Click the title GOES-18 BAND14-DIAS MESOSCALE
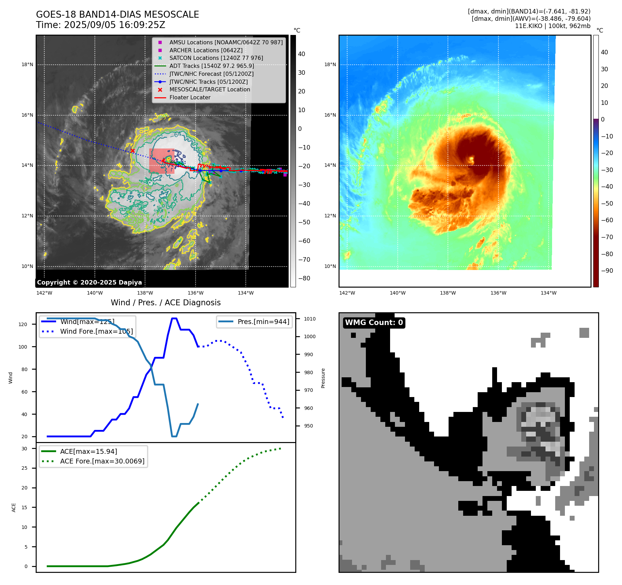[x=117, y=15]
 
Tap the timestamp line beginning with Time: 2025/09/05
[x=100, y=25]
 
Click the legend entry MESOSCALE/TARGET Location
[x=209, y=89]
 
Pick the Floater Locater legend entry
[x=190, y=97]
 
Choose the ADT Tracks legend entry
[x=211, y=66]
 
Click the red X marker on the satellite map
[x=133, y=151]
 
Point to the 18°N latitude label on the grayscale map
[x=27, y=64]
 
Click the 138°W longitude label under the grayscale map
[x=145, y=293]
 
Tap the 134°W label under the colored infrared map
[x=549, y=293]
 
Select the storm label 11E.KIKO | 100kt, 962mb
[x=552, y=26]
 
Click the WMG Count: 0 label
[x=374, y=323]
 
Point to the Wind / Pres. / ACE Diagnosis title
[x=165, y=303]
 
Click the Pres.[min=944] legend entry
[x=263, y=322]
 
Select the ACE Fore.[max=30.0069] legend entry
[x=102, y=461]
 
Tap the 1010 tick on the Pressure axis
[x=310, y=319]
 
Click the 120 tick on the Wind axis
[x=23, y=324]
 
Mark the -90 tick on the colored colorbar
[x=607, y=271]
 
